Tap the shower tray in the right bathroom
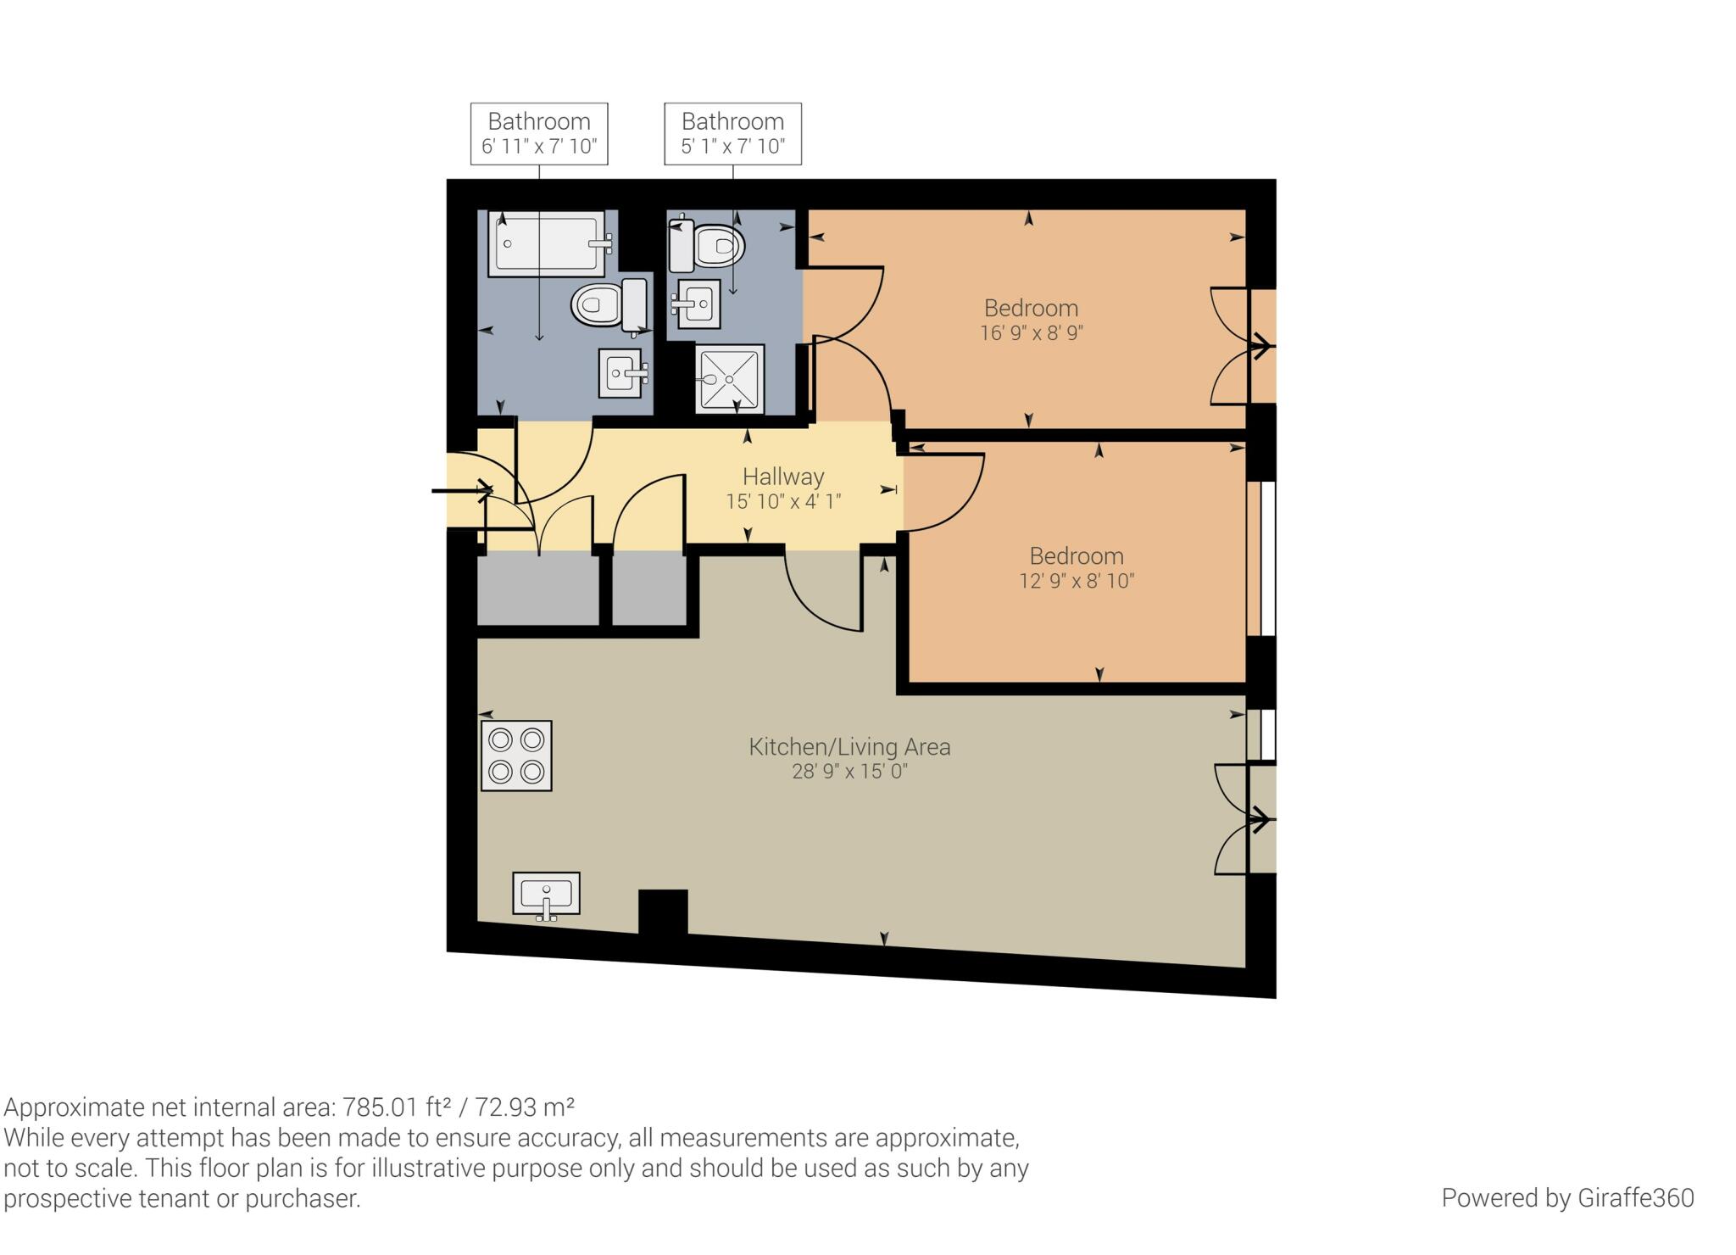coord(729,379)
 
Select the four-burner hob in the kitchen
coord(516,756)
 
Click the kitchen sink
coord(546,895)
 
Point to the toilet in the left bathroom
coord(609,304)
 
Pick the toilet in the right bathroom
coord(707,245)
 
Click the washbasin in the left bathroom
coord(623,372)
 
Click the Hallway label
coord(783,477)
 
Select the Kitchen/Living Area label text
coord(849,747)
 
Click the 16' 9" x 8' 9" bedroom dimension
coord(1031,333)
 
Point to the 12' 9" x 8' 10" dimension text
coord(1077,581)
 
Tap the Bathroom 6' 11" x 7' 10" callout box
coord(539,134)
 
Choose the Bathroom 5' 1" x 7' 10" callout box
coord(732,134)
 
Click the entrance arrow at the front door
coord(463,490)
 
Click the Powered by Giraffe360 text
coord(1567,1197)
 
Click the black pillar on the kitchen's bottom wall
coord(663,912)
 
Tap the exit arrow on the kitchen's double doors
coord(1260,820)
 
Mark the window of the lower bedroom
coord(1267,559)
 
